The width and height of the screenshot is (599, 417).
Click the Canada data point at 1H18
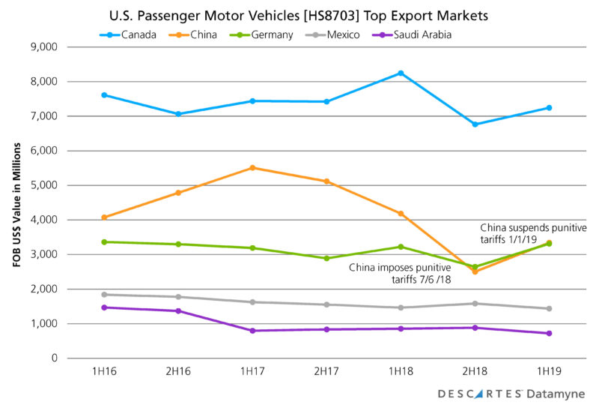pyautogui.click(x=401, y=73)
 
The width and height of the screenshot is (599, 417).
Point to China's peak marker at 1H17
pyautogui.click(x=252, y=168)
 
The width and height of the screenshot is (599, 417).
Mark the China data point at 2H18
pyautogui.click(x=475, y=271)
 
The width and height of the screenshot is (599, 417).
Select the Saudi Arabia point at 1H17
pyautogui.click(x=252, y=331)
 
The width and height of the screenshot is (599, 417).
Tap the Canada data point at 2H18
pyautogui.click(x=475, y=124)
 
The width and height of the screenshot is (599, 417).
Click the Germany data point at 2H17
pyautogui.click(x=326, y=258)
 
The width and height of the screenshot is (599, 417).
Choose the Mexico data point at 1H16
pyautogui.click(x=104, y=295)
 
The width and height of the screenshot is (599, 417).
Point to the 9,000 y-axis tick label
pyautogui.click(x=46, y=46)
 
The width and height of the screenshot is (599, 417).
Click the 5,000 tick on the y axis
pyautogui.click(x=46, y=185)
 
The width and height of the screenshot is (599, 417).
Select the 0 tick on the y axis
pyautogui.click(x=55, y=358)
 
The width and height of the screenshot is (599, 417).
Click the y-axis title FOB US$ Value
pyautogui.click(x=15, y=202)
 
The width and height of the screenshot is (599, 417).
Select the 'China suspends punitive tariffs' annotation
pyautogui.click(x=532, y=233)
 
